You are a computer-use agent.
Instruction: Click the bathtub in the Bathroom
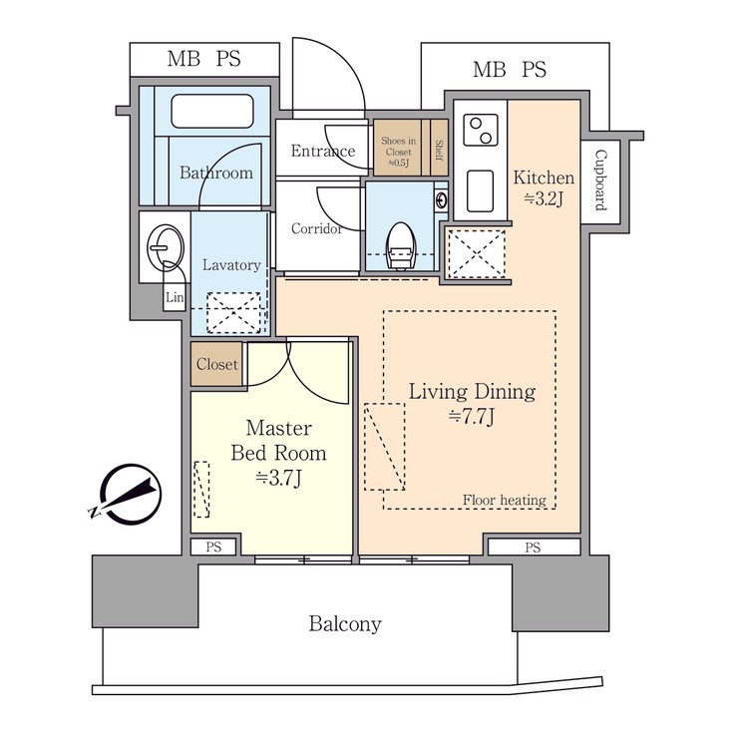click(215, 111)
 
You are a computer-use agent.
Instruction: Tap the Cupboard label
click(600, 181)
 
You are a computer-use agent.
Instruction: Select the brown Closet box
click(216, 365)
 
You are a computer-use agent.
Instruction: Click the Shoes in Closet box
click(398, 148)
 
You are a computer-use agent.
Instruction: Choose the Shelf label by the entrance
click(438, 148)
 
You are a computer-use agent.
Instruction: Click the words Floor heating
click(504, 500)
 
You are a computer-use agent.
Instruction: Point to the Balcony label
click(344, 624)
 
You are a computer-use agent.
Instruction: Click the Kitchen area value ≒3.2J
click(544, 198)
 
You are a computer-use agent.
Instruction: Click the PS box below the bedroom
click(214, 547)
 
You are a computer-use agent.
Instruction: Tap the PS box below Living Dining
click(533, 547)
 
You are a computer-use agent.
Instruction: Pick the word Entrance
click(322, 152)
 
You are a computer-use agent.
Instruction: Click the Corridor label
click(317, 228)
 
